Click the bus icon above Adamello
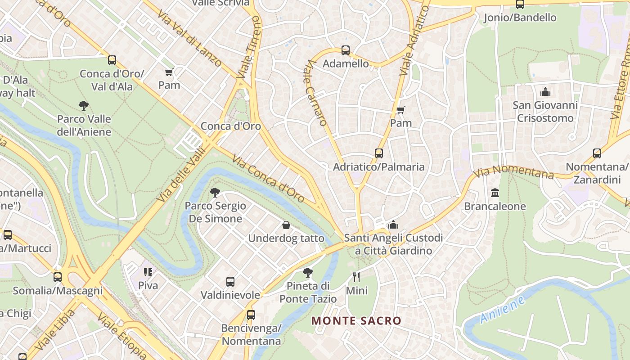346,50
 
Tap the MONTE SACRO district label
356,321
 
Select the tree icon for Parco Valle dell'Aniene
83,106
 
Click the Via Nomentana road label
513,171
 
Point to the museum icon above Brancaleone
495,193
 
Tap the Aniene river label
502,310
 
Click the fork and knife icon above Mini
356,277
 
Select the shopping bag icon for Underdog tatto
286,225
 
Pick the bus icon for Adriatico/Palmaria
378,153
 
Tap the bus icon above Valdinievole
230,282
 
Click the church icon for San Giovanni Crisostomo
545,92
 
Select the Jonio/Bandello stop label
520,18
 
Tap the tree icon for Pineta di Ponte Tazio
308,272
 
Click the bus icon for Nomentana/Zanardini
597,153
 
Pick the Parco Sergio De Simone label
216,212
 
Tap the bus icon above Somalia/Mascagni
58,277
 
